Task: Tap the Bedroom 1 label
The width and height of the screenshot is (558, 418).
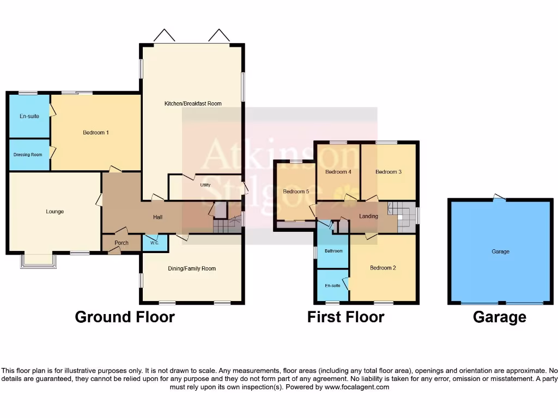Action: point(96,132)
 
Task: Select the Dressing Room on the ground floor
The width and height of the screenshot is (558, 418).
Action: point(28,155)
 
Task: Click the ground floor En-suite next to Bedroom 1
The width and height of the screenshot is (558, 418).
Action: point(29,116)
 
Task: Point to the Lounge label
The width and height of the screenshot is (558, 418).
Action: point(55,211)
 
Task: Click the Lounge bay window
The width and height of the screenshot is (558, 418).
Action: point(38,262)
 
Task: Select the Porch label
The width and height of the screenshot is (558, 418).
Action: point(122,243)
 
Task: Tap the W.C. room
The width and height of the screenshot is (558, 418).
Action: point(154,243)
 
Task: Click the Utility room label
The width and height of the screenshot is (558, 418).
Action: point(205,185)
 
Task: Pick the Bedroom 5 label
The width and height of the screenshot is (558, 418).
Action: point(296,191)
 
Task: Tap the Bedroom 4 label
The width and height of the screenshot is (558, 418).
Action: point(338,172)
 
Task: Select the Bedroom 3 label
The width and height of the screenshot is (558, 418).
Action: point(389,172)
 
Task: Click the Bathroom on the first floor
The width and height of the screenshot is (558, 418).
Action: point(333,251)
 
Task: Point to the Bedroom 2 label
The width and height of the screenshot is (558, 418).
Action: point(383,268)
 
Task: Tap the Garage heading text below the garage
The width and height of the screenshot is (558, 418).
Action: point(499,317)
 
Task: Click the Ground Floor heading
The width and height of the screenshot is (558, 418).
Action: point(125,317)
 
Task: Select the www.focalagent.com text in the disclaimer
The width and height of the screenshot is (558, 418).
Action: point(356,388)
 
